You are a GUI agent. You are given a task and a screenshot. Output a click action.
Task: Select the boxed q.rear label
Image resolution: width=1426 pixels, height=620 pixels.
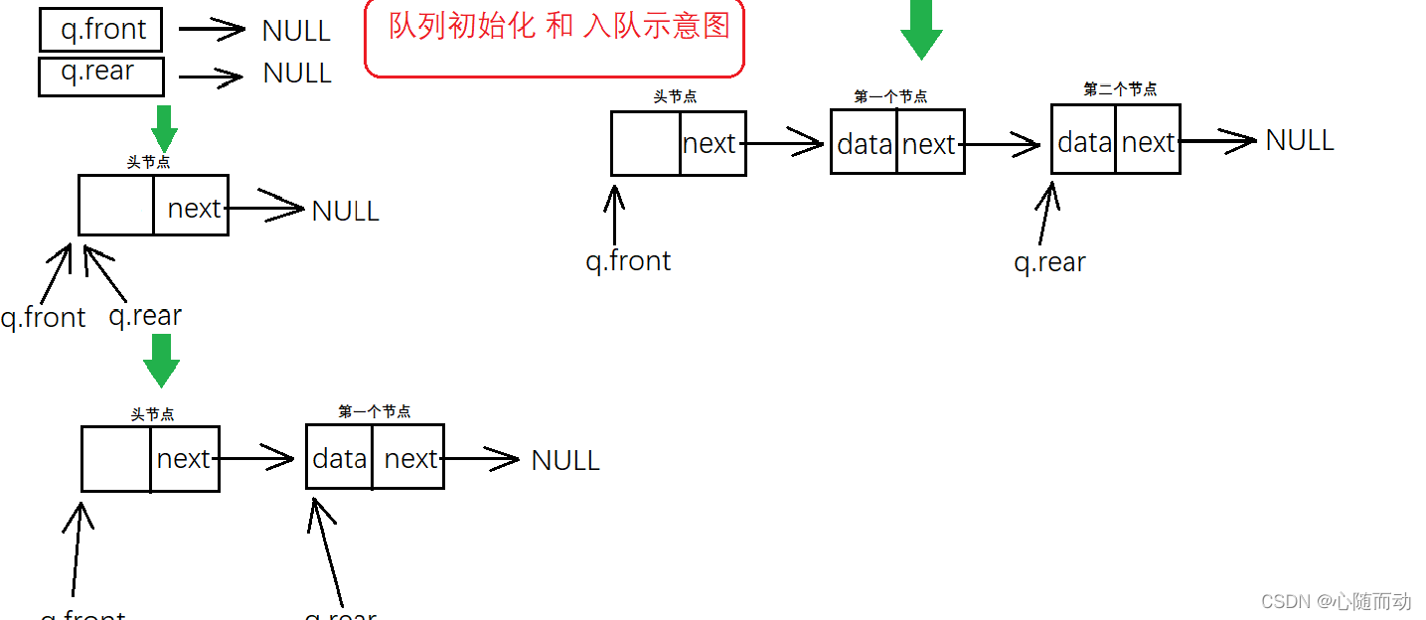97,74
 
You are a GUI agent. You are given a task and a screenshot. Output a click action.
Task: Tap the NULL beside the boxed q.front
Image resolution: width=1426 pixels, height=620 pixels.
296,31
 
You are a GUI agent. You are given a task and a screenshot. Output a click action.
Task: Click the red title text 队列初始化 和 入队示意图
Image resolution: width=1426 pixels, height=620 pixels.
558,26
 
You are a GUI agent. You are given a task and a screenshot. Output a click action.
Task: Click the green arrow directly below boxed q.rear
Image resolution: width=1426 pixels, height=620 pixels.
164,127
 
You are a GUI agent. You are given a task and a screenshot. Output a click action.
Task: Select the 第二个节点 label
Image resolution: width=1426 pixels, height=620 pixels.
1120,89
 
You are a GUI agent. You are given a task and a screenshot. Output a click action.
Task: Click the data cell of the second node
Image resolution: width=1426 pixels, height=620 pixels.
1084,143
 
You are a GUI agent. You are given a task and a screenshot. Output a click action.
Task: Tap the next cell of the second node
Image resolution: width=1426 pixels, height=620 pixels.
1148,143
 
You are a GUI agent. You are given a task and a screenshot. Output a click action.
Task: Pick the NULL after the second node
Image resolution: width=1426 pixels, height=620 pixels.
1299,141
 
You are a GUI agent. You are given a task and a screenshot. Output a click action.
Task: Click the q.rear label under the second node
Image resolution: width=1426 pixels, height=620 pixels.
1049,262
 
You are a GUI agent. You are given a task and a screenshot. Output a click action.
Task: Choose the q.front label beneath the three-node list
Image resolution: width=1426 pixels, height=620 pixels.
628,261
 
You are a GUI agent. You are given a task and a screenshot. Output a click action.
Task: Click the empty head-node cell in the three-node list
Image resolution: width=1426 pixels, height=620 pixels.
646,144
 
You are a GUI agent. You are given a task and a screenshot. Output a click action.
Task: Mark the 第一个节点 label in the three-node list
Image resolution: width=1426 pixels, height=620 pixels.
890,96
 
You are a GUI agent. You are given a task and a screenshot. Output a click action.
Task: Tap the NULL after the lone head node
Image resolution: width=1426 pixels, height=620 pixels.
345,211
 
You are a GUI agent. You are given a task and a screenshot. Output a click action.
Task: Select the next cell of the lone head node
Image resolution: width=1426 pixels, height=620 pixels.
193,209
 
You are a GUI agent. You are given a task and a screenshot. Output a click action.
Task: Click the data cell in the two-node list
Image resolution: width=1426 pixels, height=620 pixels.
340,458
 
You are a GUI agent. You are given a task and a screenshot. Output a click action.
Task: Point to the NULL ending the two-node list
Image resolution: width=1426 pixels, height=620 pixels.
565,460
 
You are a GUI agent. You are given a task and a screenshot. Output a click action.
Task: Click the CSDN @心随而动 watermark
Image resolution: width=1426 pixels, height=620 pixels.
1336,601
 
